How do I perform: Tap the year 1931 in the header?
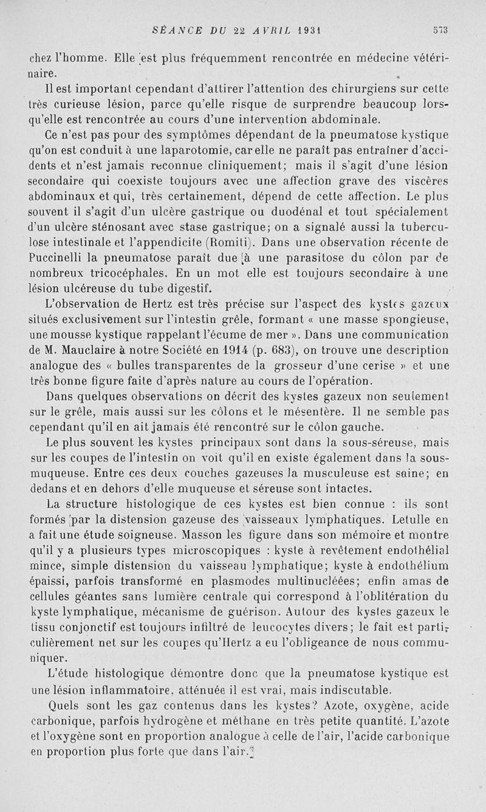[x=306, y=28]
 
